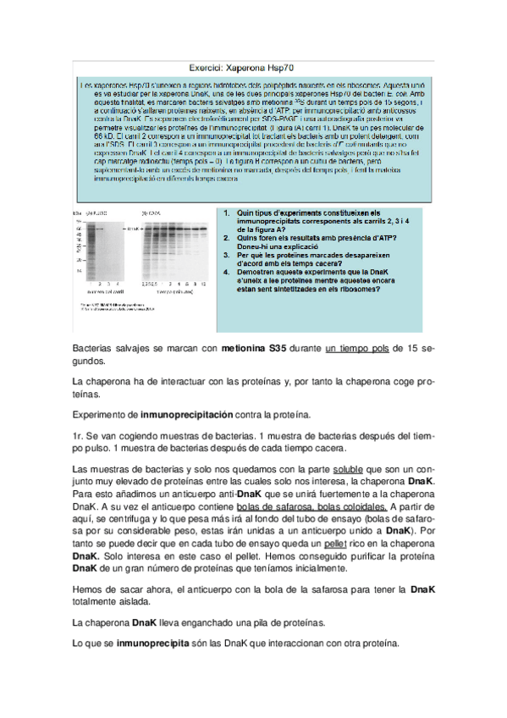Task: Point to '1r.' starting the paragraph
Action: tap(80, 436)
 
